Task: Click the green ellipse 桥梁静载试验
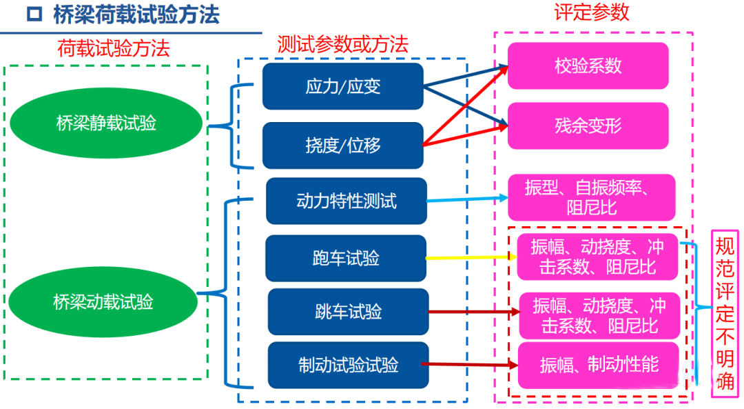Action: [x=106, y=123]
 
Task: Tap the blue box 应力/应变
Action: [x=342, y=86]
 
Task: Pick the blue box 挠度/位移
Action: [x=342, y=146]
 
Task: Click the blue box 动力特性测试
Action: [x=346, y=201]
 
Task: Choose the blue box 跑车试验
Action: [x=345, y=258]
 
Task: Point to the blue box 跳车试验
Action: [x=348, y=312]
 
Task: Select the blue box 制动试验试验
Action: [x=348, y=365]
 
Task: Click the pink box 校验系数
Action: [x=588, y=66]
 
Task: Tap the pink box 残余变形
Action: [x=588, y=126]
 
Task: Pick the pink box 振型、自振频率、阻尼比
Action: [x=591, y=197]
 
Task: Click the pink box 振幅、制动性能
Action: [x=599, y=365]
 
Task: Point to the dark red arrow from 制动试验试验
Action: [x=469, y=364]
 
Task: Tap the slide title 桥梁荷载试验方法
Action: [x=136, y=16]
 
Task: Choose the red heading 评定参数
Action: [x=592, y=12]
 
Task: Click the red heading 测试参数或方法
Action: [x=342, y=44]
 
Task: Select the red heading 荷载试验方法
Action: [x=114, y=48]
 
